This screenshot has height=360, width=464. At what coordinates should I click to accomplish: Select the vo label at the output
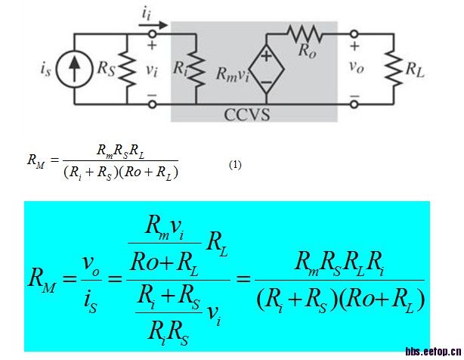pyautogui.click(x=355, y=67)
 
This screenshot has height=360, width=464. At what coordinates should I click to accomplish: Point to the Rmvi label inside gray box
pyautogui.click(x=232, y=74)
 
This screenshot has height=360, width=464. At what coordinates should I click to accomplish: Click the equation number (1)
pyautogui.click(x=235, y=164)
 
